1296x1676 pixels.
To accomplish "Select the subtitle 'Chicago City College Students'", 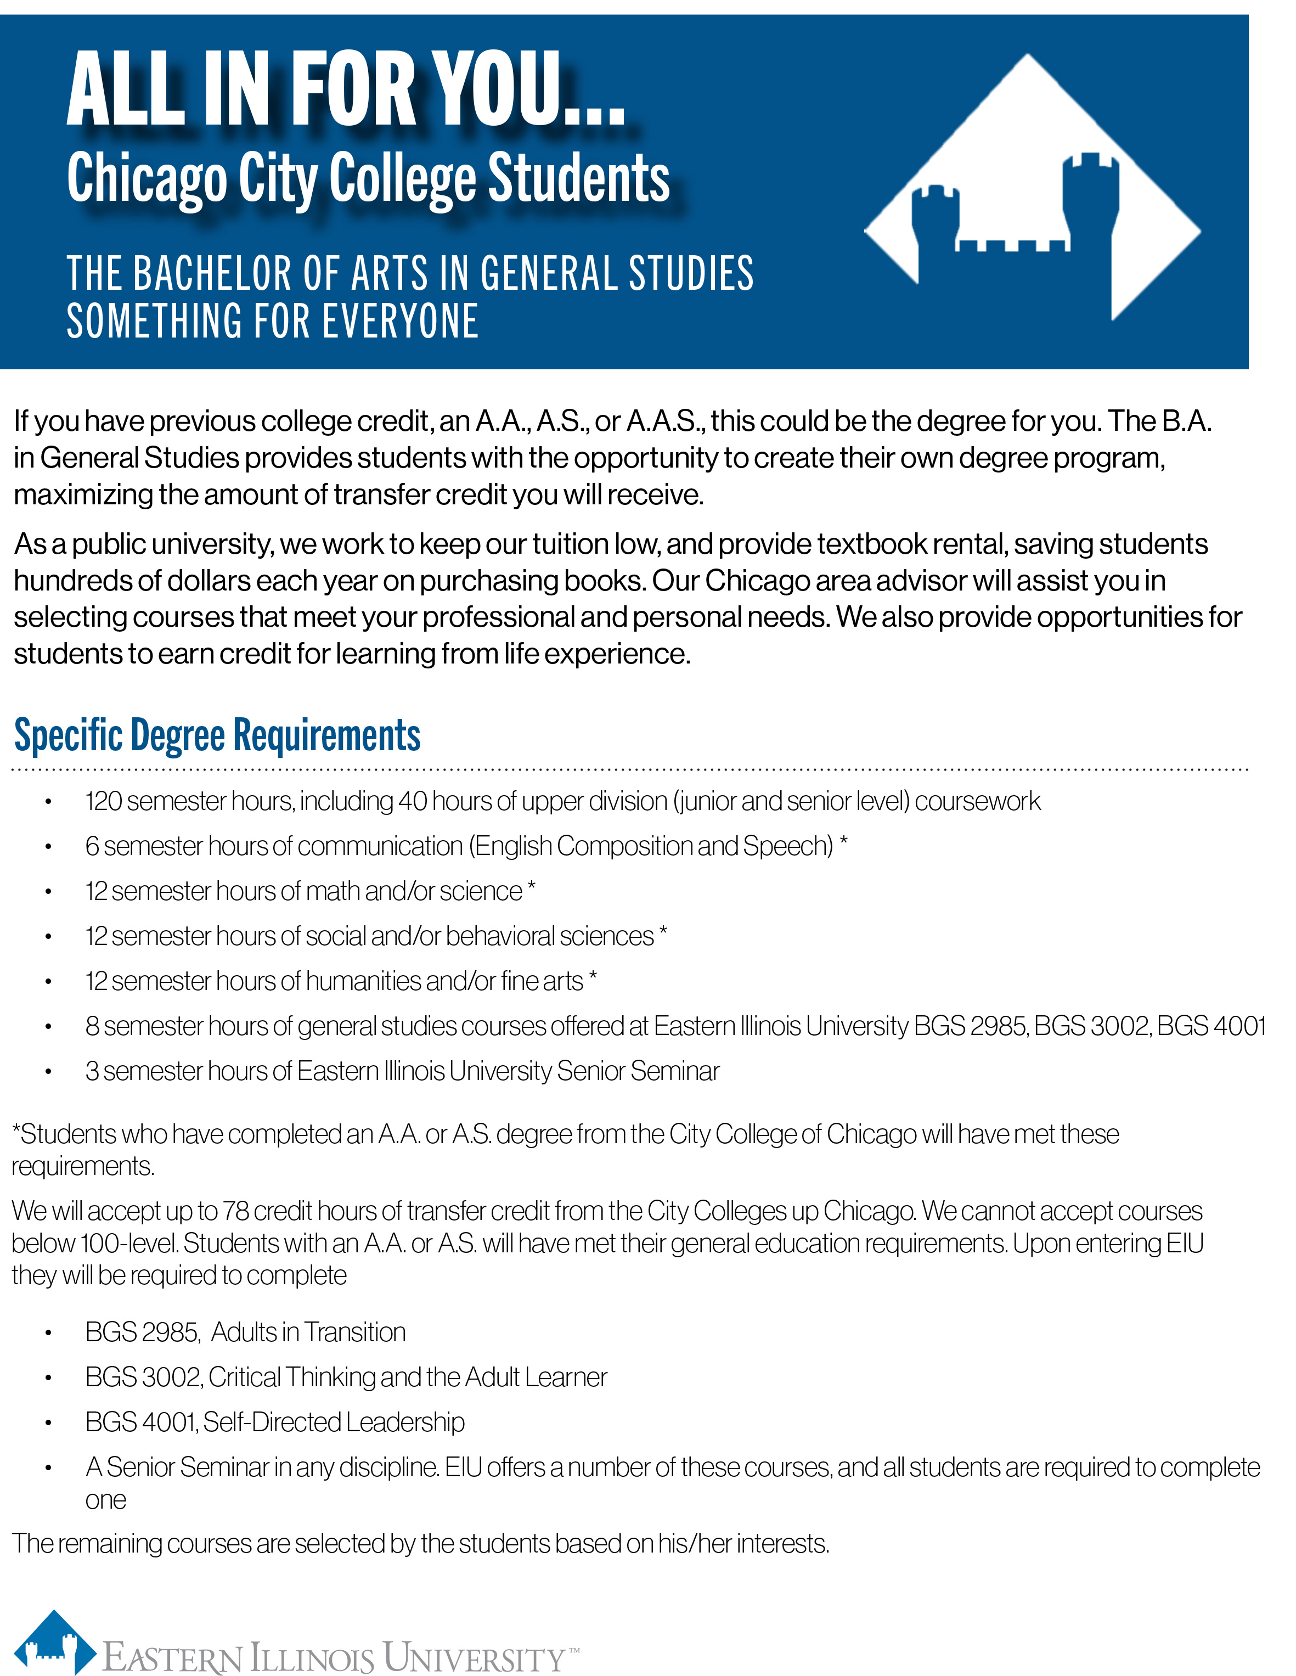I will click(368, 178).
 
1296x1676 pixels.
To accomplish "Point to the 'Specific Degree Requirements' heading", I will click(217, 735).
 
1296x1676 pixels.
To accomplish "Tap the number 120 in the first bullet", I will click(104, 801).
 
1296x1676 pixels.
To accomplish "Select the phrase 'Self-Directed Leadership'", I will click(334, 1422).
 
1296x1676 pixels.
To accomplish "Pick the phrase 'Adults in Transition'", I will click(308, 1332).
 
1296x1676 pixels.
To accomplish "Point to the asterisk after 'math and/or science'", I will click(532, 888).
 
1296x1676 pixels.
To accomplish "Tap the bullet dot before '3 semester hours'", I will click(48, 1072).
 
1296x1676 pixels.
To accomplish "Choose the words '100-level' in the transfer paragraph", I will click(127, 1243).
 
